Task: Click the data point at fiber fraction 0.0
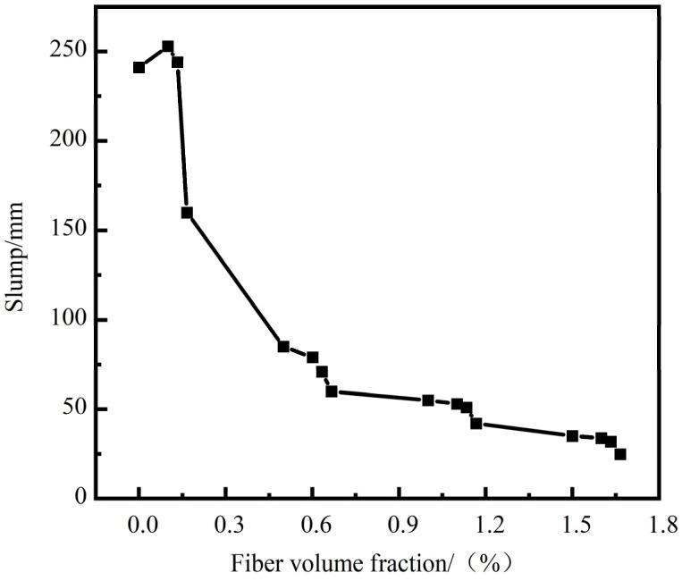coord(139,68)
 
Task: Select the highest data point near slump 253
coord(168,46)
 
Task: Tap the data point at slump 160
coord(187,213)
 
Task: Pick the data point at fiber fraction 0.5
coord(283,347)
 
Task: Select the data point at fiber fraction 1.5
coord(572,436)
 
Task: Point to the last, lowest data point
coord(620,454)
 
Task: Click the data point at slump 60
coord(332,392)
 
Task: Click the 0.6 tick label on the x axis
coord(312,525)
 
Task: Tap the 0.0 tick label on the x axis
coord(139,525)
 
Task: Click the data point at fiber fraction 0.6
coord(313,358)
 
